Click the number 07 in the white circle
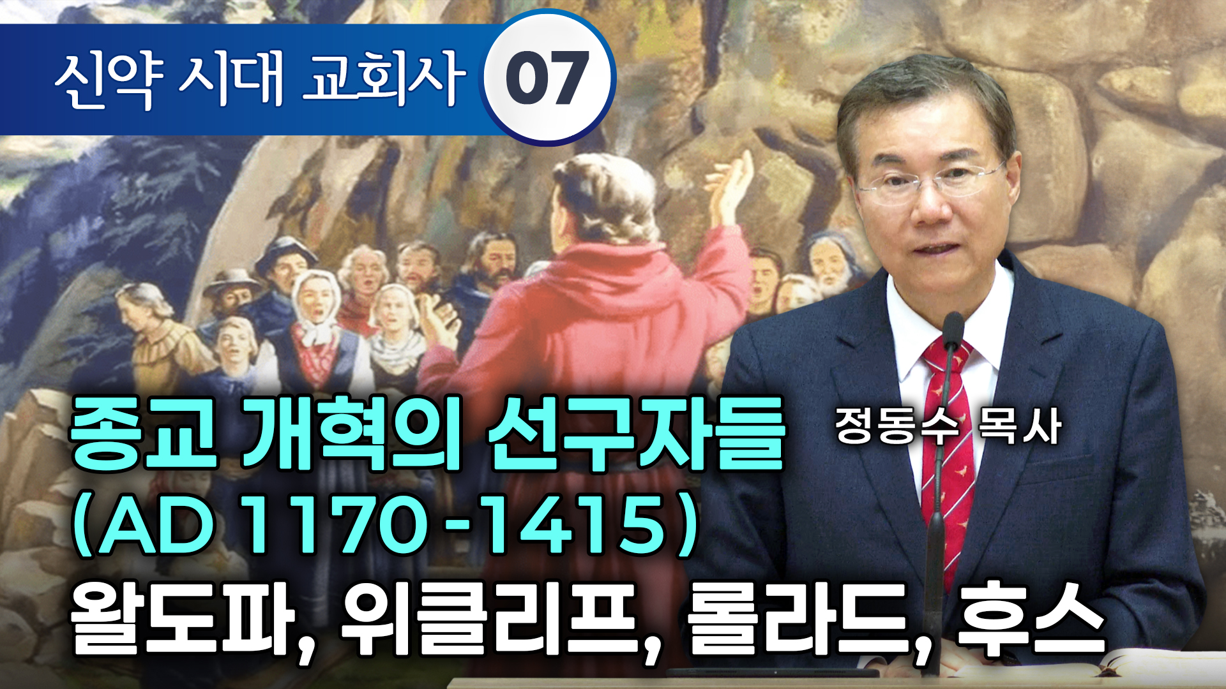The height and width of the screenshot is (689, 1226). click(x=547, y=79)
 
